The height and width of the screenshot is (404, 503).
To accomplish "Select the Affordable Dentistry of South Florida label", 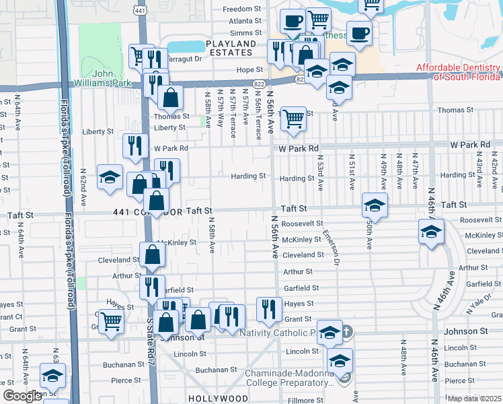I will point(459,71).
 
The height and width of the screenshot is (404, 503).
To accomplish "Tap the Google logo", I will point(22,396).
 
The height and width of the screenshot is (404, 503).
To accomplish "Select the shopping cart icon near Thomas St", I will point(293,119).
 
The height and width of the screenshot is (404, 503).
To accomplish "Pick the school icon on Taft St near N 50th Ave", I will point(375,203).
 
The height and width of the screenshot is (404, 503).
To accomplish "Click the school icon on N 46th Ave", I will point(430,232).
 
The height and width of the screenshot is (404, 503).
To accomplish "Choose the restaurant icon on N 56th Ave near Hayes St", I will point(269,309).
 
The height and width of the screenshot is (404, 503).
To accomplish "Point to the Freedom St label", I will point(241,9).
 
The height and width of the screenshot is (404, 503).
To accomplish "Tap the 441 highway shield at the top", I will point(139,10).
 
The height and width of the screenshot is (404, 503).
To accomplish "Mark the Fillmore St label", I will point(297,401).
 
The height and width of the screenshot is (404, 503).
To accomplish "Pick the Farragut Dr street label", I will point(186,59).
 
